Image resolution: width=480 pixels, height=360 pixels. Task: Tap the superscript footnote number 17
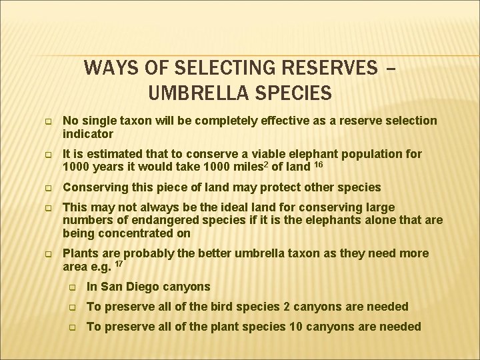coord(119,264)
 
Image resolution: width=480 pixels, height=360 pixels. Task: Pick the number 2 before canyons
coord(285,307)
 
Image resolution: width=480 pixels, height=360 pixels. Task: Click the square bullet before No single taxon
coord(48,121)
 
